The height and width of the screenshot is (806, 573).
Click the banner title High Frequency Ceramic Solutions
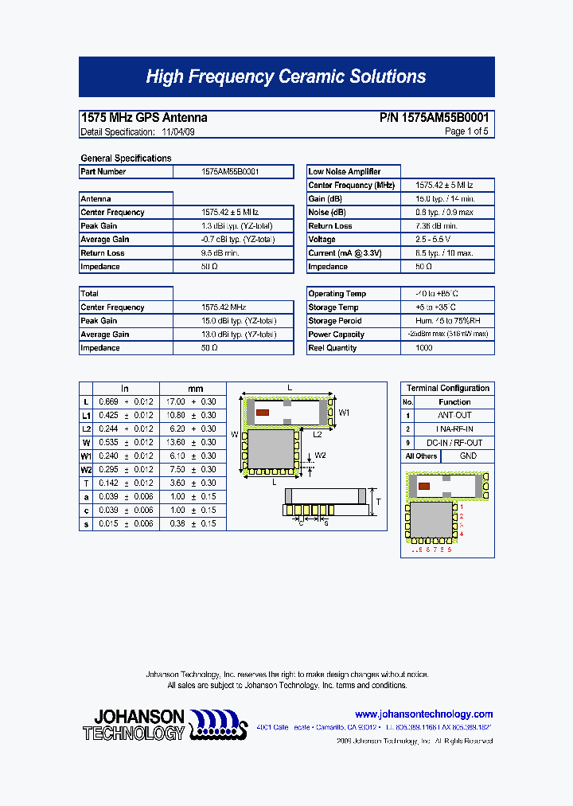pos(286,76)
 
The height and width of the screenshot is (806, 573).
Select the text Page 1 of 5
pos(466,131)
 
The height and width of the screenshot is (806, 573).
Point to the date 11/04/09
pos(178,131)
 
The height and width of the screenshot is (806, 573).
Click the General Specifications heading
pos(126,158)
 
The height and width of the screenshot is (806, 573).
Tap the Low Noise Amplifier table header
pos(345,171)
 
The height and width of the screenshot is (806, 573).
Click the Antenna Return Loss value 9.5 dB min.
pos(220,252)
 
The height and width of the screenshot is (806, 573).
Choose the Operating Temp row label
pos(337,294)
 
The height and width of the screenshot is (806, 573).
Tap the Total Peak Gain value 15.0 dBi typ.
pos(234,321)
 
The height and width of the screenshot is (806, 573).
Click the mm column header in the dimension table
pos(196,389)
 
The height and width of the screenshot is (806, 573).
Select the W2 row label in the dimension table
pos(86,469)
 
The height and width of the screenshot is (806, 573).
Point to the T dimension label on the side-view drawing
pos(378,501)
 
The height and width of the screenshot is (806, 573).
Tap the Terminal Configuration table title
pos(447,388)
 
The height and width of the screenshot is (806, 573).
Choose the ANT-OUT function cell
pos(454,415)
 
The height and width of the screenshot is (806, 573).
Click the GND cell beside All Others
pos(468,456)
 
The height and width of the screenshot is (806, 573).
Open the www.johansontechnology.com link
pos(423,714)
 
